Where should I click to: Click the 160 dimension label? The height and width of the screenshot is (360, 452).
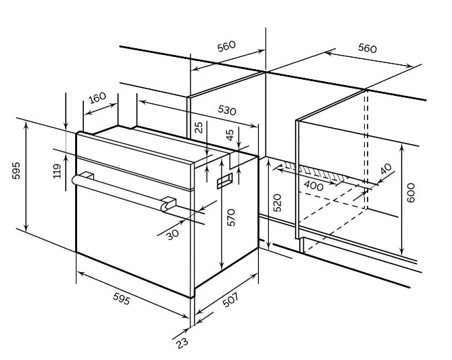(x=97, y=98)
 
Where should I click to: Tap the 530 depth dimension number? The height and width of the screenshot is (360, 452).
(x=227, y=110)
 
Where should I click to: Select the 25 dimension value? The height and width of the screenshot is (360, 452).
(x=199, y=127)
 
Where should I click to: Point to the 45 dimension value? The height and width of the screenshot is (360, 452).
(x=230, y=135)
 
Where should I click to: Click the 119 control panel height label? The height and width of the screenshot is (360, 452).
(x=57, y=171)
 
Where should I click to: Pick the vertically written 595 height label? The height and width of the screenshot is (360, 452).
(x=16, y=171)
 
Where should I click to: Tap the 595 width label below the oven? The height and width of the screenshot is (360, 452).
(x=121, y=298)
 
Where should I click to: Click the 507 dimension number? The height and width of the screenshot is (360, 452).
(x=231, y=300)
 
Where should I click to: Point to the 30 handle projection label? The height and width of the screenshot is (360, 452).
(x=172, y=235)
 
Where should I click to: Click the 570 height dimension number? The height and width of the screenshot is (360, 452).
(x=231, y=217)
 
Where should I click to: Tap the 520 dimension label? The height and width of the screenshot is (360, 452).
(x=277, y=203)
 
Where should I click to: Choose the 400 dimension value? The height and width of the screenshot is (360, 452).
(x=314, y=186)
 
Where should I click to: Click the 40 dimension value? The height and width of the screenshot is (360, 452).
(x=386, y=169)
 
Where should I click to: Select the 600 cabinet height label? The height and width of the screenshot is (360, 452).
(x=410, y=192)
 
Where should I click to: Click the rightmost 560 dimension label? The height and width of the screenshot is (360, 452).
(x=368, y=48)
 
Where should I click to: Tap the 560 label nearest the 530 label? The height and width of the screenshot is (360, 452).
(x=226, y=46)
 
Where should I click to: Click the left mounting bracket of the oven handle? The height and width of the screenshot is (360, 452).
(x=87, y=176)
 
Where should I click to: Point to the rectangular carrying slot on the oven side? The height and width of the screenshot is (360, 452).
(x=225, y=181)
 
